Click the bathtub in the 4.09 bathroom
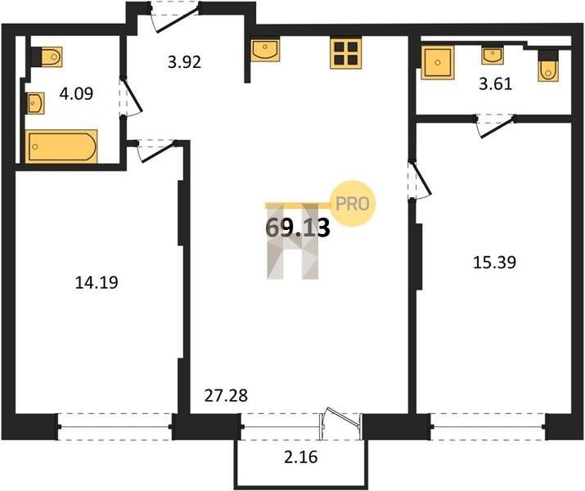[x=61, y=146]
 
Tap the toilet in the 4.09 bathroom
[x=47, y=56]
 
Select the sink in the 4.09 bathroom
[x=36, y=103]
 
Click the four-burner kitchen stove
[x=345, y=54]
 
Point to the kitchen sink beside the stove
[x=265, y=50]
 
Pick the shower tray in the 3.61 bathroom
[x=438, y=63]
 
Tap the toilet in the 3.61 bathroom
[x=548, y=65]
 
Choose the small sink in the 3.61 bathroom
[x=493, y=55]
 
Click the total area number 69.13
[x=298, y=227]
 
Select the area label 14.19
[x=97, y=282]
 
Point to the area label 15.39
[x=495, y=263]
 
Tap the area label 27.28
[x=226, y=395]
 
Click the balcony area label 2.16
[x=301, y=457]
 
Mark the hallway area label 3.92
[x=184, y=61]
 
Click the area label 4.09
[x=76, y=93]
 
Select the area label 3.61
[x=496, y=84]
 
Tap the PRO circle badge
[x=353, y=203]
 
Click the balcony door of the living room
[x=340, y=425]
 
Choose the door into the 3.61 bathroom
[x=495, y=126]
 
